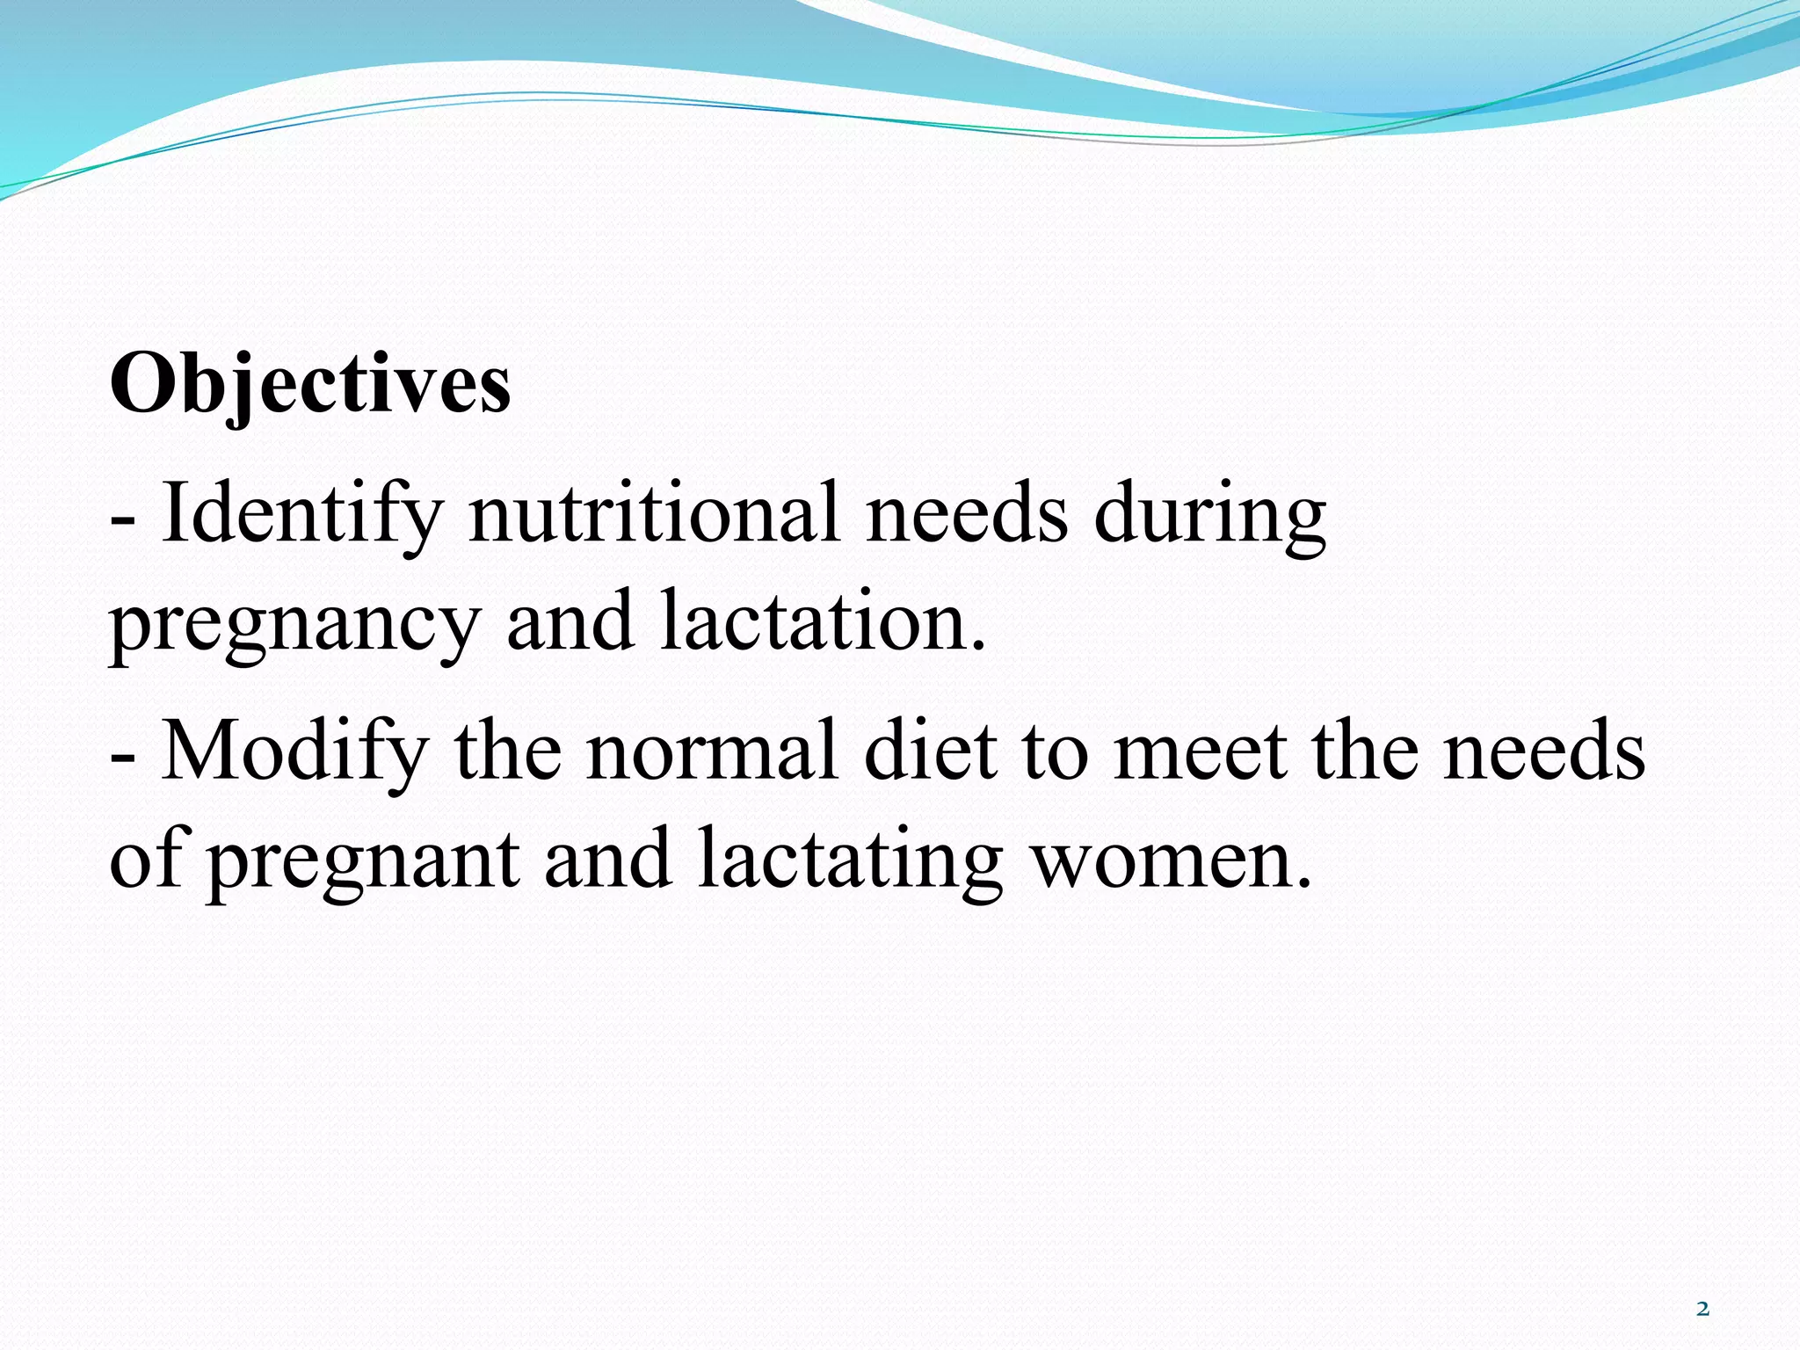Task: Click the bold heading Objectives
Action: click(x=309, y=385)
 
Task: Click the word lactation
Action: click(x=823, y=621)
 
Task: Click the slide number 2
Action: click(x=1702, y=1310)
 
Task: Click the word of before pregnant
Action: click(x=146, y=858)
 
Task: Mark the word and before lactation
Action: click(x=570, y=621)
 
